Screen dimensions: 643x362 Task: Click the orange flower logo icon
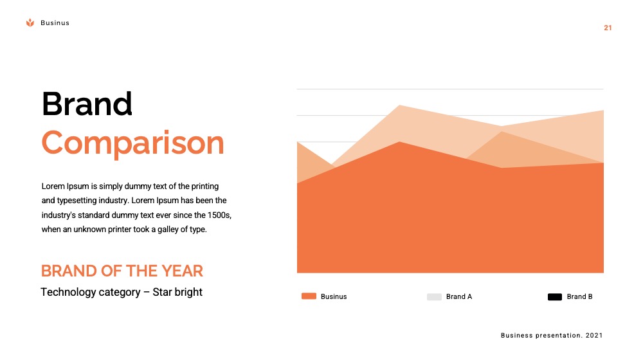(30, 23)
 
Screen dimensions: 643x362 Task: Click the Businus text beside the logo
(55, 23)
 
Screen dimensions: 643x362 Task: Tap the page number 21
(608, 28)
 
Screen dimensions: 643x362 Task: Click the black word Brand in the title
(87, 104)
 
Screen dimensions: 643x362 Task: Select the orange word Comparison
(133, 143)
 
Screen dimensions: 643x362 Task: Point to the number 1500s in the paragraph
(219, 215)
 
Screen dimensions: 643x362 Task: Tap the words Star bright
(177, 292)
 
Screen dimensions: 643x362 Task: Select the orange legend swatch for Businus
(309, 296)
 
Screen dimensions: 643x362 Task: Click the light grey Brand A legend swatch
(434, 297)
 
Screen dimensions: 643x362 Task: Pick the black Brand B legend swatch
(555, 297)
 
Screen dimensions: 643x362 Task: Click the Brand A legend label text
(459, 296)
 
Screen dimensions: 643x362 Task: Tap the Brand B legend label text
(579, 296)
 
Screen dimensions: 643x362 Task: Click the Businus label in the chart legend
(334, 296)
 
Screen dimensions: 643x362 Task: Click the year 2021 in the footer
(594, 336)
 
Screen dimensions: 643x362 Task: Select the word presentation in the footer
(559, 336)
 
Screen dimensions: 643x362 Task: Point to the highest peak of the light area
(399, 105)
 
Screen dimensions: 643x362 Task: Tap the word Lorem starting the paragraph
(53, 186)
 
